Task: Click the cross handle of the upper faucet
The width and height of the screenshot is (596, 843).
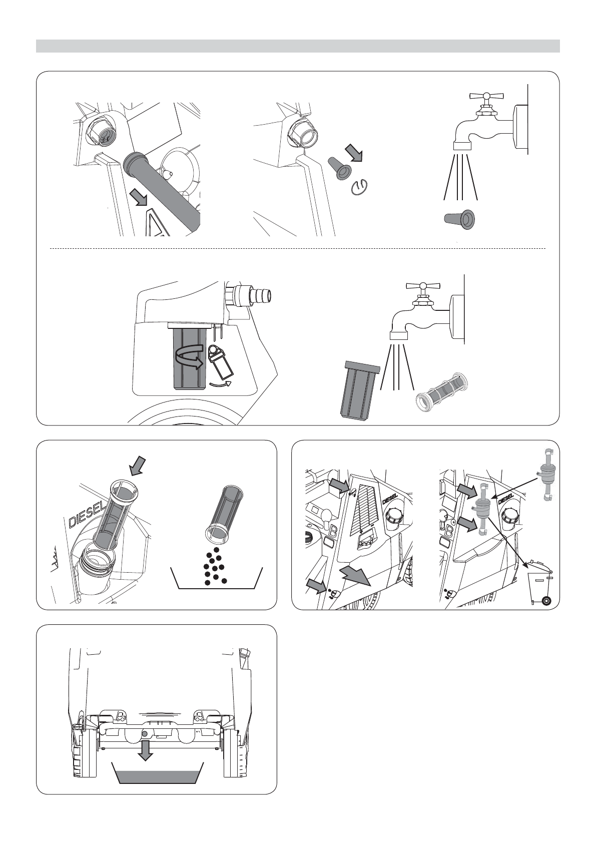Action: (x=486, y=96)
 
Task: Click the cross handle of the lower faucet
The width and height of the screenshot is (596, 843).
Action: (x=422, y=285)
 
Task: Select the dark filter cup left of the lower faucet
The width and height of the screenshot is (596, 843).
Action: (x=359, y=390)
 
